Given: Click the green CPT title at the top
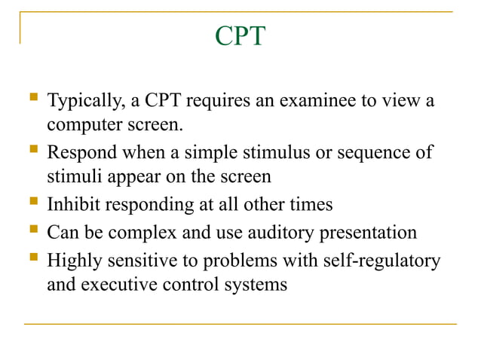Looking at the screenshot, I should pos(240,36).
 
